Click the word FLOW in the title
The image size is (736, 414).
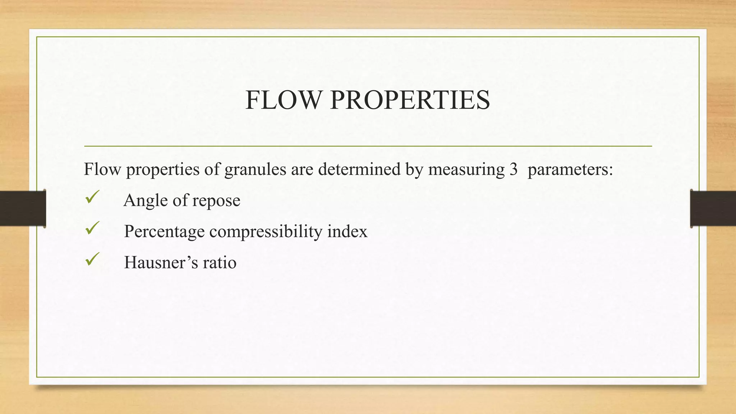[x=282, y=100]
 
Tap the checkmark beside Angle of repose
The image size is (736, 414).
[x=92, y=197]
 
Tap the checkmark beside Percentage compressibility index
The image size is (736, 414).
[x=92, y=228]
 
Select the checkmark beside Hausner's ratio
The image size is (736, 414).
[x=92, y=259]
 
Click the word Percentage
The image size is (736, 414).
[x=164, y=232]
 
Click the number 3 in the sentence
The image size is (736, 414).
[x=513, y=169]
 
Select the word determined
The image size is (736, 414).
[x=359, y=169]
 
